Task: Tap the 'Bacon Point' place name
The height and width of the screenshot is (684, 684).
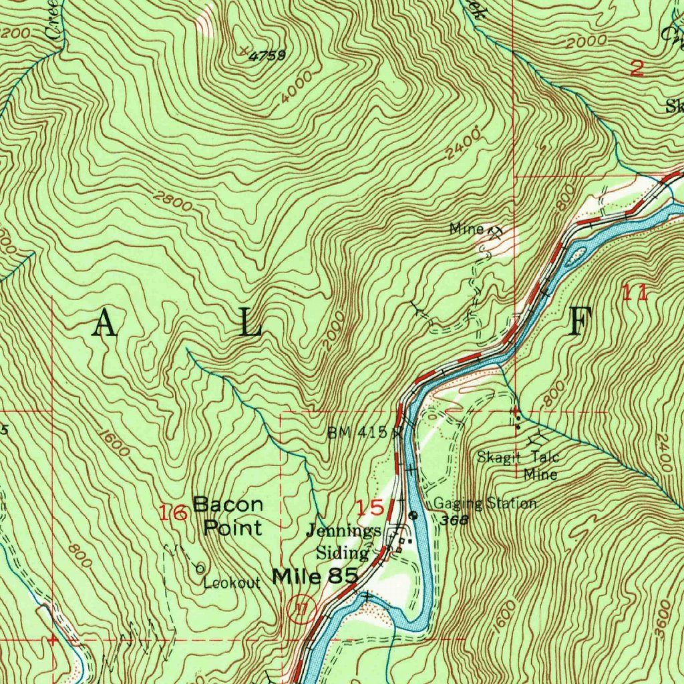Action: pyautogui.click(x=228, y=516)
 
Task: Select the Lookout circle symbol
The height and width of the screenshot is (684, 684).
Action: pyautogui.click(x=200, y=568)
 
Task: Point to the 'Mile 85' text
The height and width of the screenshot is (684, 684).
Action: pyautogui.click(x=316, y=576)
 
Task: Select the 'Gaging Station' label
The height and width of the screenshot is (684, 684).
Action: pyautogui.click(x=485, y=503)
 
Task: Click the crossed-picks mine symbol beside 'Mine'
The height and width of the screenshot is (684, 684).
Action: pyautogui.click(x=495, y=232)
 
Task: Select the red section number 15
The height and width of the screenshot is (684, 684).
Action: pyautogui.click(x=370, y=508)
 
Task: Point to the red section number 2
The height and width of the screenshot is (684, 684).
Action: pyautogui.click(x=637, y=68)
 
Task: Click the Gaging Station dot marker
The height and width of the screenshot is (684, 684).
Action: pyautogui.click(x=413, y=515)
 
